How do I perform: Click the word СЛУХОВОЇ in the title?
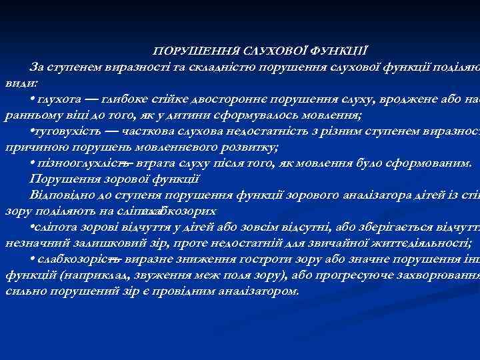(274, 51)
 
